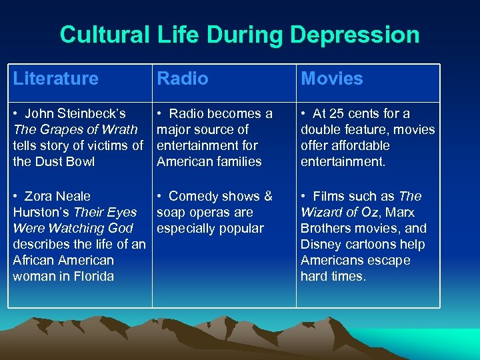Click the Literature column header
[55, 79]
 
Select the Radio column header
[182, 79]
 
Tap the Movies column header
[332, 79]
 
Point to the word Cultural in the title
[104, 35]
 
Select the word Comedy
[195, 196]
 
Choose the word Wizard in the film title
[320, 212]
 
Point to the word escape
[387, 260]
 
